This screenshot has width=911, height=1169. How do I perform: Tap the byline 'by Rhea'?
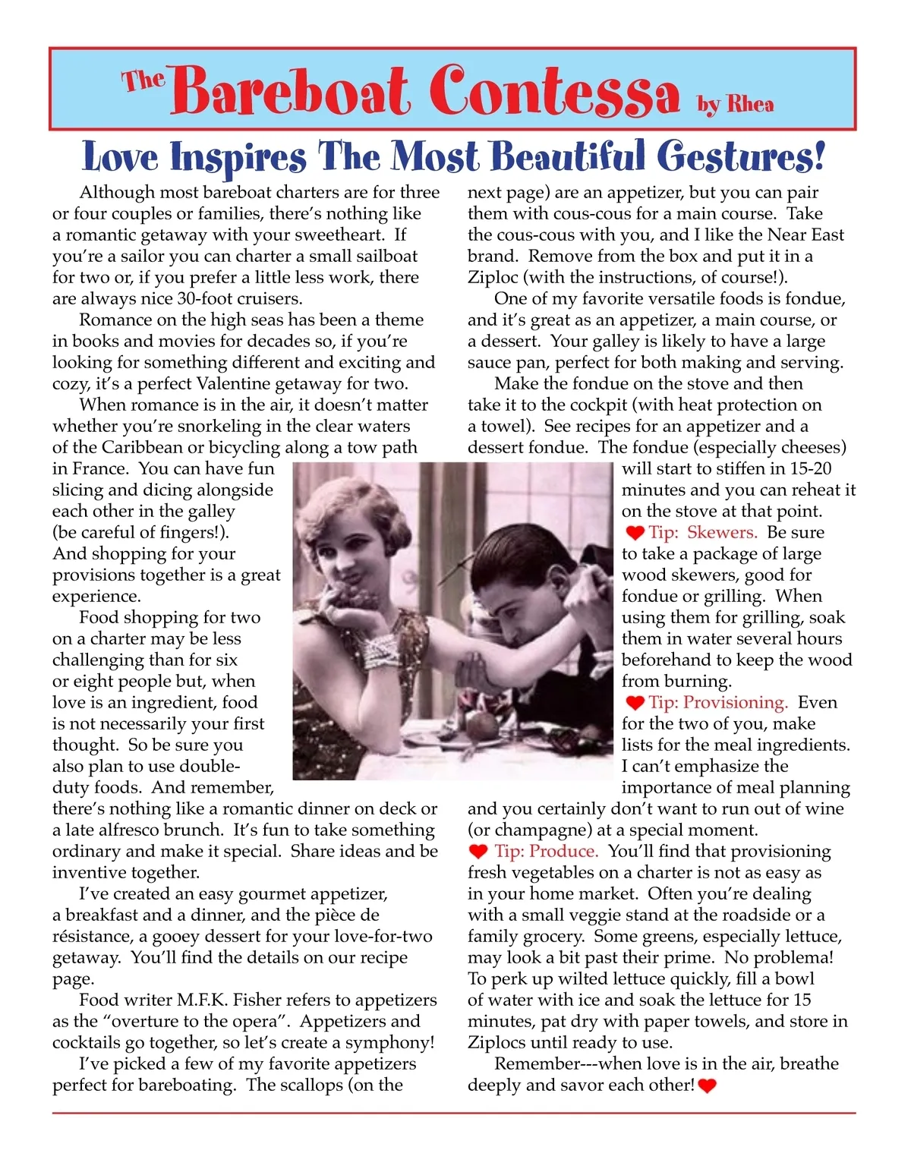point(736,103)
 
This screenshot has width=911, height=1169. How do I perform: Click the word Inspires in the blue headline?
point(238,158)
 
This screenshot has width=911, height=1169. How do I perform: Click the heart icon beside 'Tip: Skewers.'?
point(635,533)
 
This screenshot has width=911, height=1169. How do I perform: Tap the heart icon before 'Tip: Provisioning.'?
point(635,703)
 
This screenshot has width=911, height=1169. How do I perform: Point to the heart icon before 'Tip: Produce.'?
point(478,852)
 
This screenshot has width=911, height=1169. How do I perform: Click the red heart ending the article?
point(707,1086)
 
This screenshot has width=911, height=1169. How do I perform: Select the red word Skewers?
point(722,532)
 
